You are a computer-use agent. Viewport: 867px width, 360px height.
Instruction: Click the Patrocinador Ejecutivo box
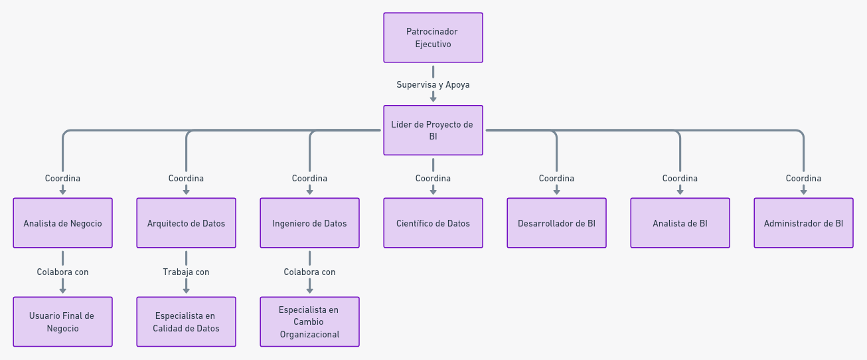click(433, 38)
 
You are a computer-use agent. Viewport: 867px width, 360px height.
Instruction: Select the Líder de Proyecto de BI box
click(433, 130)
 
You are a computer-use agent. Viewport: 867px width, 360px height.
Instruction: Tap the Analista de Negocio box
click(62, 223)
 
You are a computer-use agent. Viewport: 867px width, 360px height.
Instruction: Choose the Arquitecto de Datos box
click(186, 223)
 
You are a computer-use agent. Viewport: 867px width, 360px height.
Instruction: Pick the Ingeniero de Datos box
click(309, 223)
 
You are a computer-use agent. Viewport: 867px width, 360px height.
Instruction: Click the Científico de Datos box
click(433, 223)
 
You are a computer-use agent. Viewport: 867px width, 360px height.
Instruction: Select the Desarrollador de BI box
click(556, 223)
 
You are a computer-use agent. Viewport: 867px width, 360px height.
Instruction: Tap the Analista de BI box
click(680, 223)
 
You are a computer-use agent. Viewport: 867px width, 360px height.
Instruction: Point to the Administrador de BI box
click(803, 223)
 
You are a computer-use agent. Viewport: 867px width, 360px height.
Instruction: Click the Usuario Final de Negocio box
click(62, 322)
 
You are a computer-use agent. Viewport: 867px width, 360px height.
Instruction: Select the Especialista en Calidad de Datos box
click(186, 322)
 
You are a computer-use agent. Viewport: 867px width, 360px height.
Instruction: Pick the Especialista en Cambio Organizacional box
click(309, 322)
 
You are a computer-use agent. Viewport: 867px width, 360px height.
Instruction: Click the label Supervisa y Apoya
click(433, 85)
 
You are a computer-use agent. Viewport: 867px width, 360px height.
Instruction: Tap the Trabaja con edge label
click(186, 272)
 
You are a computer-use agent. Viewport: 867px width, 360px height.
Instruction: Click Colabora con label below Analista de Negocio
click(62, 272)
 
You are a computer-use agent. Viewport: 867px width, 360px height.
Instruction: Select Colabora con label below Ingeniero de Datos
click(309, 272)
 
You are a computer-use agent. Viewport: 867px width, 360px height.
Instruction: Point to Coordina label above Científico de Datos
click(433, 178)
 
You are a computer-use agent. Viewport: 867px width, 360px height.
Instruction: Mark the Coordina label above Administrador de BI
click(803, 178)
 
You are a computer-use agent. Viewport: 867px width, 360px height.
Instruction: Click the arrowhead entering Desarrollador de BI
click(556, 192)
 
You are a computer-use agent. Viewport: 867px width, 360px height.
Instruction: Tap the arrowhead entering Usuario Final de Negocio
click(62, 290)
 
